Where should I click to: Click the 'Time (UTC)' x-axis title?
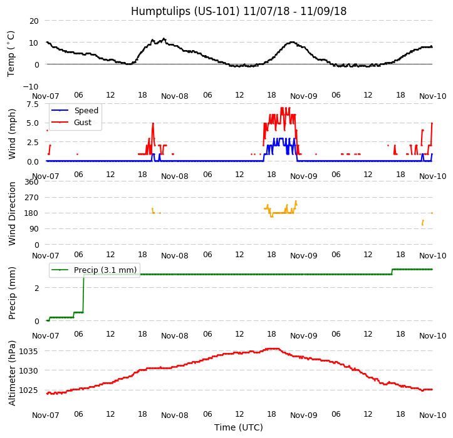(239, 427)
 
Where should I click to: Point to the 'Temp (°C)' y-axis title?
(11, 53)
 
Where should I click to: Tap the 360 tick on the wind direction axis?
(32, 181)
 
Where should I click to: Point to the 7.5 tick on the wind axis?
(33, 104)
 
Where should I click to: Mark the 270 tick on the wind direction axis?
(32, 197)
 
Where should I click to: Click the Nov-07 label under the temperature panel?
(46, 96)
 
